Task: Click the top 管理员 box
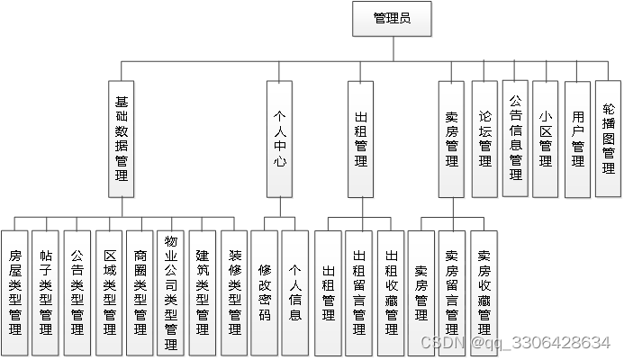pos(392,19)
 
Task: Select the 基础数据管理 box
pos(122,139)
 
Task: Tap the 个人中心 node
pos(281,139)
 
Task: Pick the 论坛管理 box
pos(485,139)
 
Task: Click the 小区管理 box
pos(546,139)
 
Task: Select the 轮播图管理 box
pos(609,139)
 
